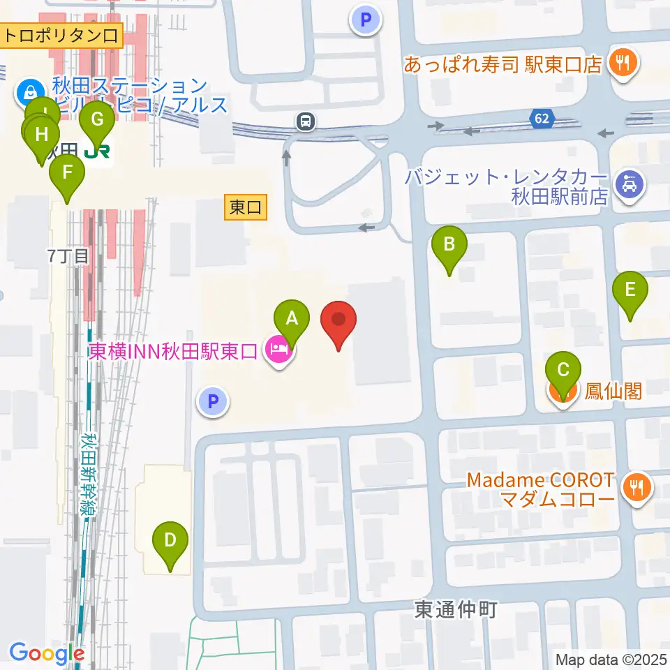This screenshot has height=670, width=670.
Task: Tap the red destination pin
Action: [x=338, y=323]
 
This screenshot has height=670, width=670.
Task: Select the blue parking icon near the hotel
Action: [x=214, y=401]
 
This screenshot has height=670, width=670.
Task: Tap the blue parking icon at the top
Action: [x=366, y=20]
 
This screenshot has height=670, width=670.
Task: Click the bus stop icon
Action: [x=305, y=122]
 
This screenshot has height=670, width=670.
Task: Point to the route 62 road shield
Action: [x=542, y=119]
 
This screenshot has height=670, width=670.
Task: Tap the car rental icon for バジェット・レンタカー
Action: [x=630, y=186]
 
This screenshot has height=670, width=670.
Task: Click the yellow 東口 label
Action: [x=246, y=207]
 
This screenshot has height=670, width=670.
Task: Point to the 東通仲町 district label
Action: [x=456, y=610]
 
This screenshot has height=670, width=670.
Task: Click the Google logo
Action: [x=46, y=653]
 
